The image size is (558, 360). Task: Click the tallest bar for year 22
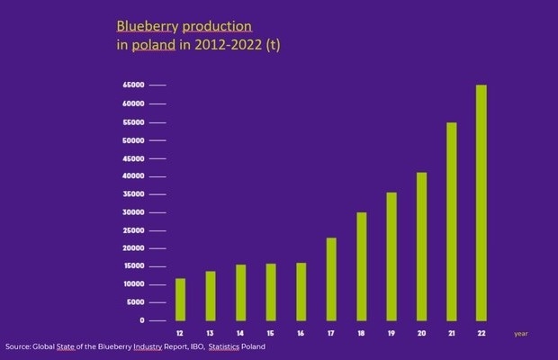pos(481,202)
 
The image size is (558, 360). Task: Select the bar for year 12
pos(181,300)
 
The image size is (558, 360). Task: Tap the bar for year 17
pos(331,279)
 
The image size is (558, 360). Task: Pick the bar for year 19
pos(391,256)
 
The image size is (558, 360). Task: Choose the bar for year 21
pos(452,221)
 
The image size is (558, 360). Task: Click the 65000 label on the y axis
pos(133,85)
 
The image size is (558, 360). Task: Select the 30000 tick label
pos(133,212)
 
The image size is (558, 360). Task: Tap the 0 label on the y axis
pos(141,320)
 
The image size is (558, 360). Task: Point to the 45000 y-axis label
pos(133,158)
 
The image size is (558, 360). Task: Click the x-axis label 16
pos(301,333)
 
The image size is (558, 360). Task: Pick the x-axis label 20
pos(421,333)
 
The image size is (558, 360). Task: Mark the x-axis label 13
pos(211,333)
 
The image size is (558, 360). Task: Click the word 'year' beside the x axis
pos(521,334)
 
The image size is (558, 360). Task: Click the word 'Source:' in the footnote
pos(19,347)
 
